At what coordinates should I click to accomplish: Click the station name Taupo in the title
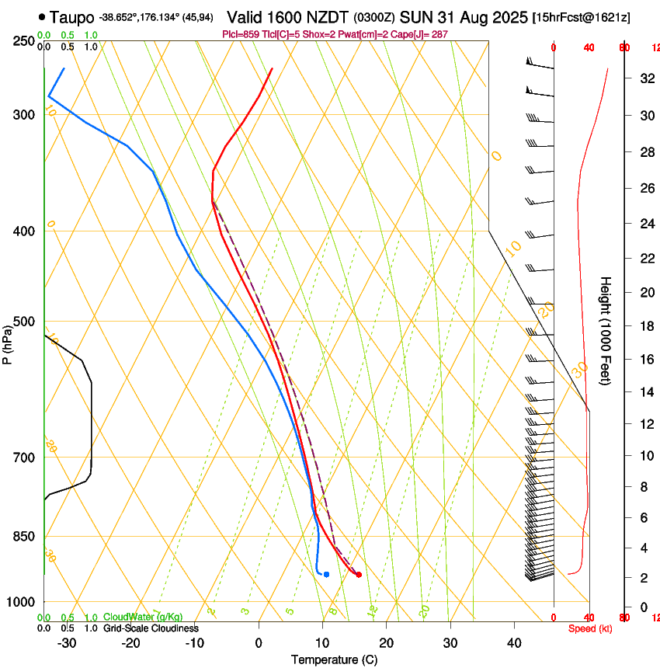pos(72,16)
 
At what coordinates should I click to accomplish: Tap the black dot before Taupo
pos(42,16)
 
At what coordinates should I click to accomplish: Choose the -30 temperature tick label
pos(67,642)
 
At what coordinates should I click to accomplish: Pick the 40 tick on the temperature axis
pos(514,642)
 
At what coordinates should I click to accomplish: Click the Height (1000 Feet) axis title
pos(606,330)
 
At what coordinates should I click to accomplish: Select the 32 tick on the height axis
pos(644,78)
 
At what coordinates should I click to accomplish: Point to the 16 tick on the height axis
pos(644,360)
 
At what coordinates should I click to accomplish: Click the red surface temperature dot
pos(358,575)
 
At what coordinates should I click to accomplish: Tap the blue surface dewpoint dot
pos(326,574)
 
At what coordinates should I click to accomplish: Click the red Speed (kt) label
pos(589,628)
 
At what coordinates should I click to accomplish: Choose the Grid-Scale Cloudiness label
pos(151,628)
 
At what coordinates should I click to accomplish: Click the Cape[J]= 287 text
pos(422,34)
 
